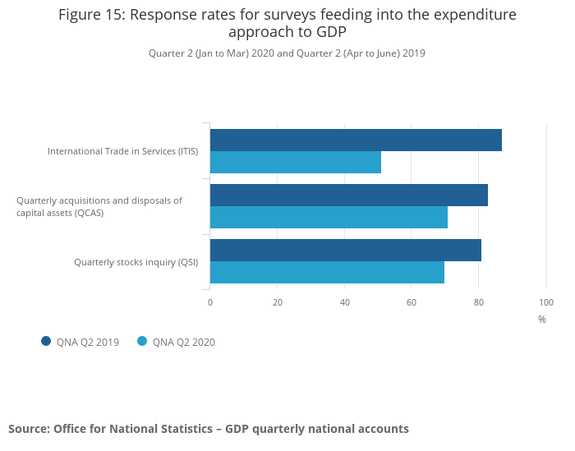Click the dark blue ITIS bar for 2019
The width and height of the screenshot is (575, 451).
(356, 140)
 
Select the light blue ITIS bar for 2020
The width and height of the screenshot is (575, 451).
(296, 163)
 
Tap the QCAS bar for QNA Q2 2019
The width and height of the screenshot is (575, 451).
(349, 196)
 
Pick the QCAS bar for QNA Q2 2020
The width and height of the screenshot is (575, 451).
(329, 218)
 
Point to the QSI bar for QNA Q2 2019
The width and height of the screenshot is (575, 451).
(346, 251)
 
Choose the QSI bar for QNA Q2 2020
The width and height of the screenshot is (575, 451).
(327, 273)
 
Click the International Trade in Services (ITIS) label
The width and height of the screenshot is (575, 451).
(122, 151)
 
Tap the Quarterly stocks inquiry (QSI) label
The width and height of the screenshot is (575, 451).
(136, 262)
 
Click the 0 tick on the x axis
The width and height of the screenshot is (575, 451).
(210, 302)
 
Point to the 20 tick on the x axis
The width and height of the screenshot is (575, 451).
(278, 302)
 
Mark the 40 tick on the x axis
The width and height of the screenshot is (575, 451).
(345, 302)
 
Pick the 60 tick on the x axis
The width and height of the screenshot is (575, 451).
(412, 302)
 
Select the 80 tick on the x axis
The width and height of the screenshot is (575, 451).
(479, 302)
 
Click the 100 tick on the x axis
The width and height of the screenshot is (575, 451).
(546, 302)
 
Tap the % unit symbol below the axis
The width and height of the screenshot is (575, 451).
(542, 320)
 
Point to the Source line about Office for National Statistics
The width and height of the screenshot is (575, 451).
(209, 429)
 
